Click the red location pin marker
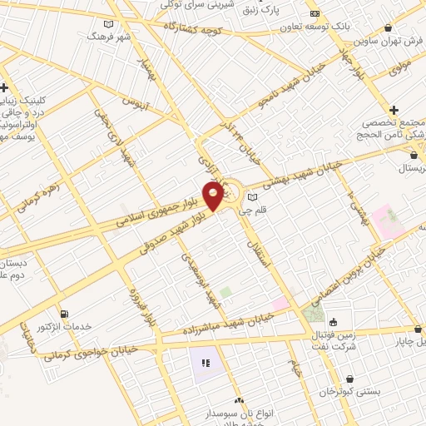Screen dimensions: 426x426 (214, 196)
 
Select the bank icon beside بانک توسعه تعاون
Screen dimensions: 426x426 (315, 13)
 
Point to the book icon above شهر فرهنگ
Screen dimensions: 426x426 (108, 25)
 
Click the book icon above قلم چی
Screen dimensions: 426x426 (252, 197)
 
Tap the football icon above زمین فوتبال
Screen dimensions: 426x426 (334, 322)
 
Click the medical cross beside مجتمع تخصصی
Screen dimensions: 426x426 (394, 110)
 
